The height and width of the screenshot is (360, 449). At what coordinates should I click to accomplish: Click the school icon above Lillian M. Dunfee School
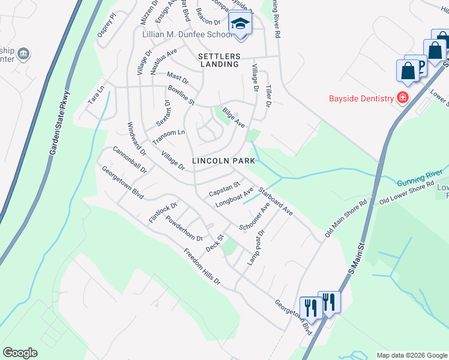pyautogui.click(x=240, y=25)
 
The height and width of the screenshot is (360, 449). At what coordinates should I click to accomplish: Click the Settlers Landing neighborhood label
pyautogui.click(x=219, y=61)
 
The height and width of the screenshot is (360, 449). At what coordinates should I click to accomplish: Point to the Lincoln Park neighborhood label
pyautogui.click(x=224, y=161)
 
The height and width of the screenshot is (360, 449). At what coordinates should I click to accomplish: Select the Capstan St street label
pyautogui.click(x=224, y=189)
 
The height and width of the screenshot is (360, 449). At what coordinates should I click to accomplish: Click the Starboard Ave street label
pyautogui.click(x=275, y=202)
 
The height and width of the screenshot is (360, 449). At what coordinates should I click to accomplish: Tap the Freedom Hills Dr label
pyautogui.click(x=202, y=266)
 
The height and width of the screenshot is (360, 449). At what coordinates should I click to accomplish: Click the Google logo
pyautogui.click(x=20, y=352)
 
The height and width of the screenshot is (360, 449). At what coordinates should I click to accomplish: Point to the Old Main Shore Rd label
pyautogui.click(x=345, y=218)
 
